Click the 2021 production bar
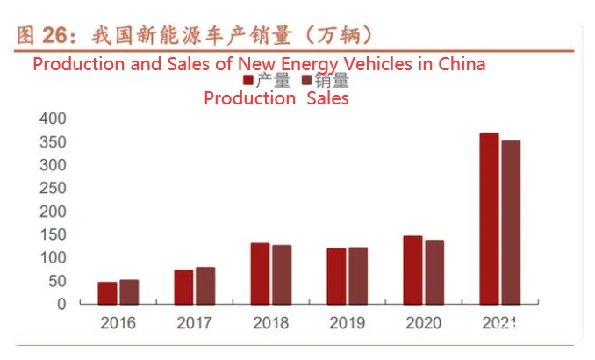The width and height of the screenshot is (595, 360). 489,219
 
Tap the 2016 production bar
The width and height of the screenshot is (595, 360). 107,293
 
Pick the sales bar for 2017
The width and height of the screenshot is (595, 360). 205,285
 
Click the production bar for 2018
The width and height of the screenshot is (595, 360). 260,273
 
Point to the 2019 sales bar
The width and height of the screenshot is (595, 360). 357,276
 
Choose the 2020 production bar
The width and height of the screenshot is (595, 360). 412,270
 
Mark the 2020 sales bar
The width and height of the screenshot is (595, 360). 434,272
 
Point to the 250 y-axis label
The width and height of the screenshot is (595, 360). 52,189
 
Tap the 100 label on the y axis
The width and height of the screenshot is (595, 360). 52,258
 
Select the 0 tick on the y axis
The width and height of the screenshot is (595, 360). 61,304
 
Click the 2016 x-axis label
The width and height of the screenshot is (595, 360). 118,323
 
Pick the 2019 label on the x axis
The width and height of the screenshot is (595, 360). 347,323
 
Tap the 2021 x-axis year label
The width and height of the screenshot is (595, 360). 499,323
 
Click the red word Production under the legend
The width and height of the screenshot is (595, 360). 249,98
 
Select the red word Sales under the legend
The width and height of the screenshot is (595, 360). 327,98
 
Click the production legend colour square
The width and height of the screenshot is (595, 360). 247,81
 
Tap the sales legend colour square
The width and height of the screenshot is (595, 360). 306,81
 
